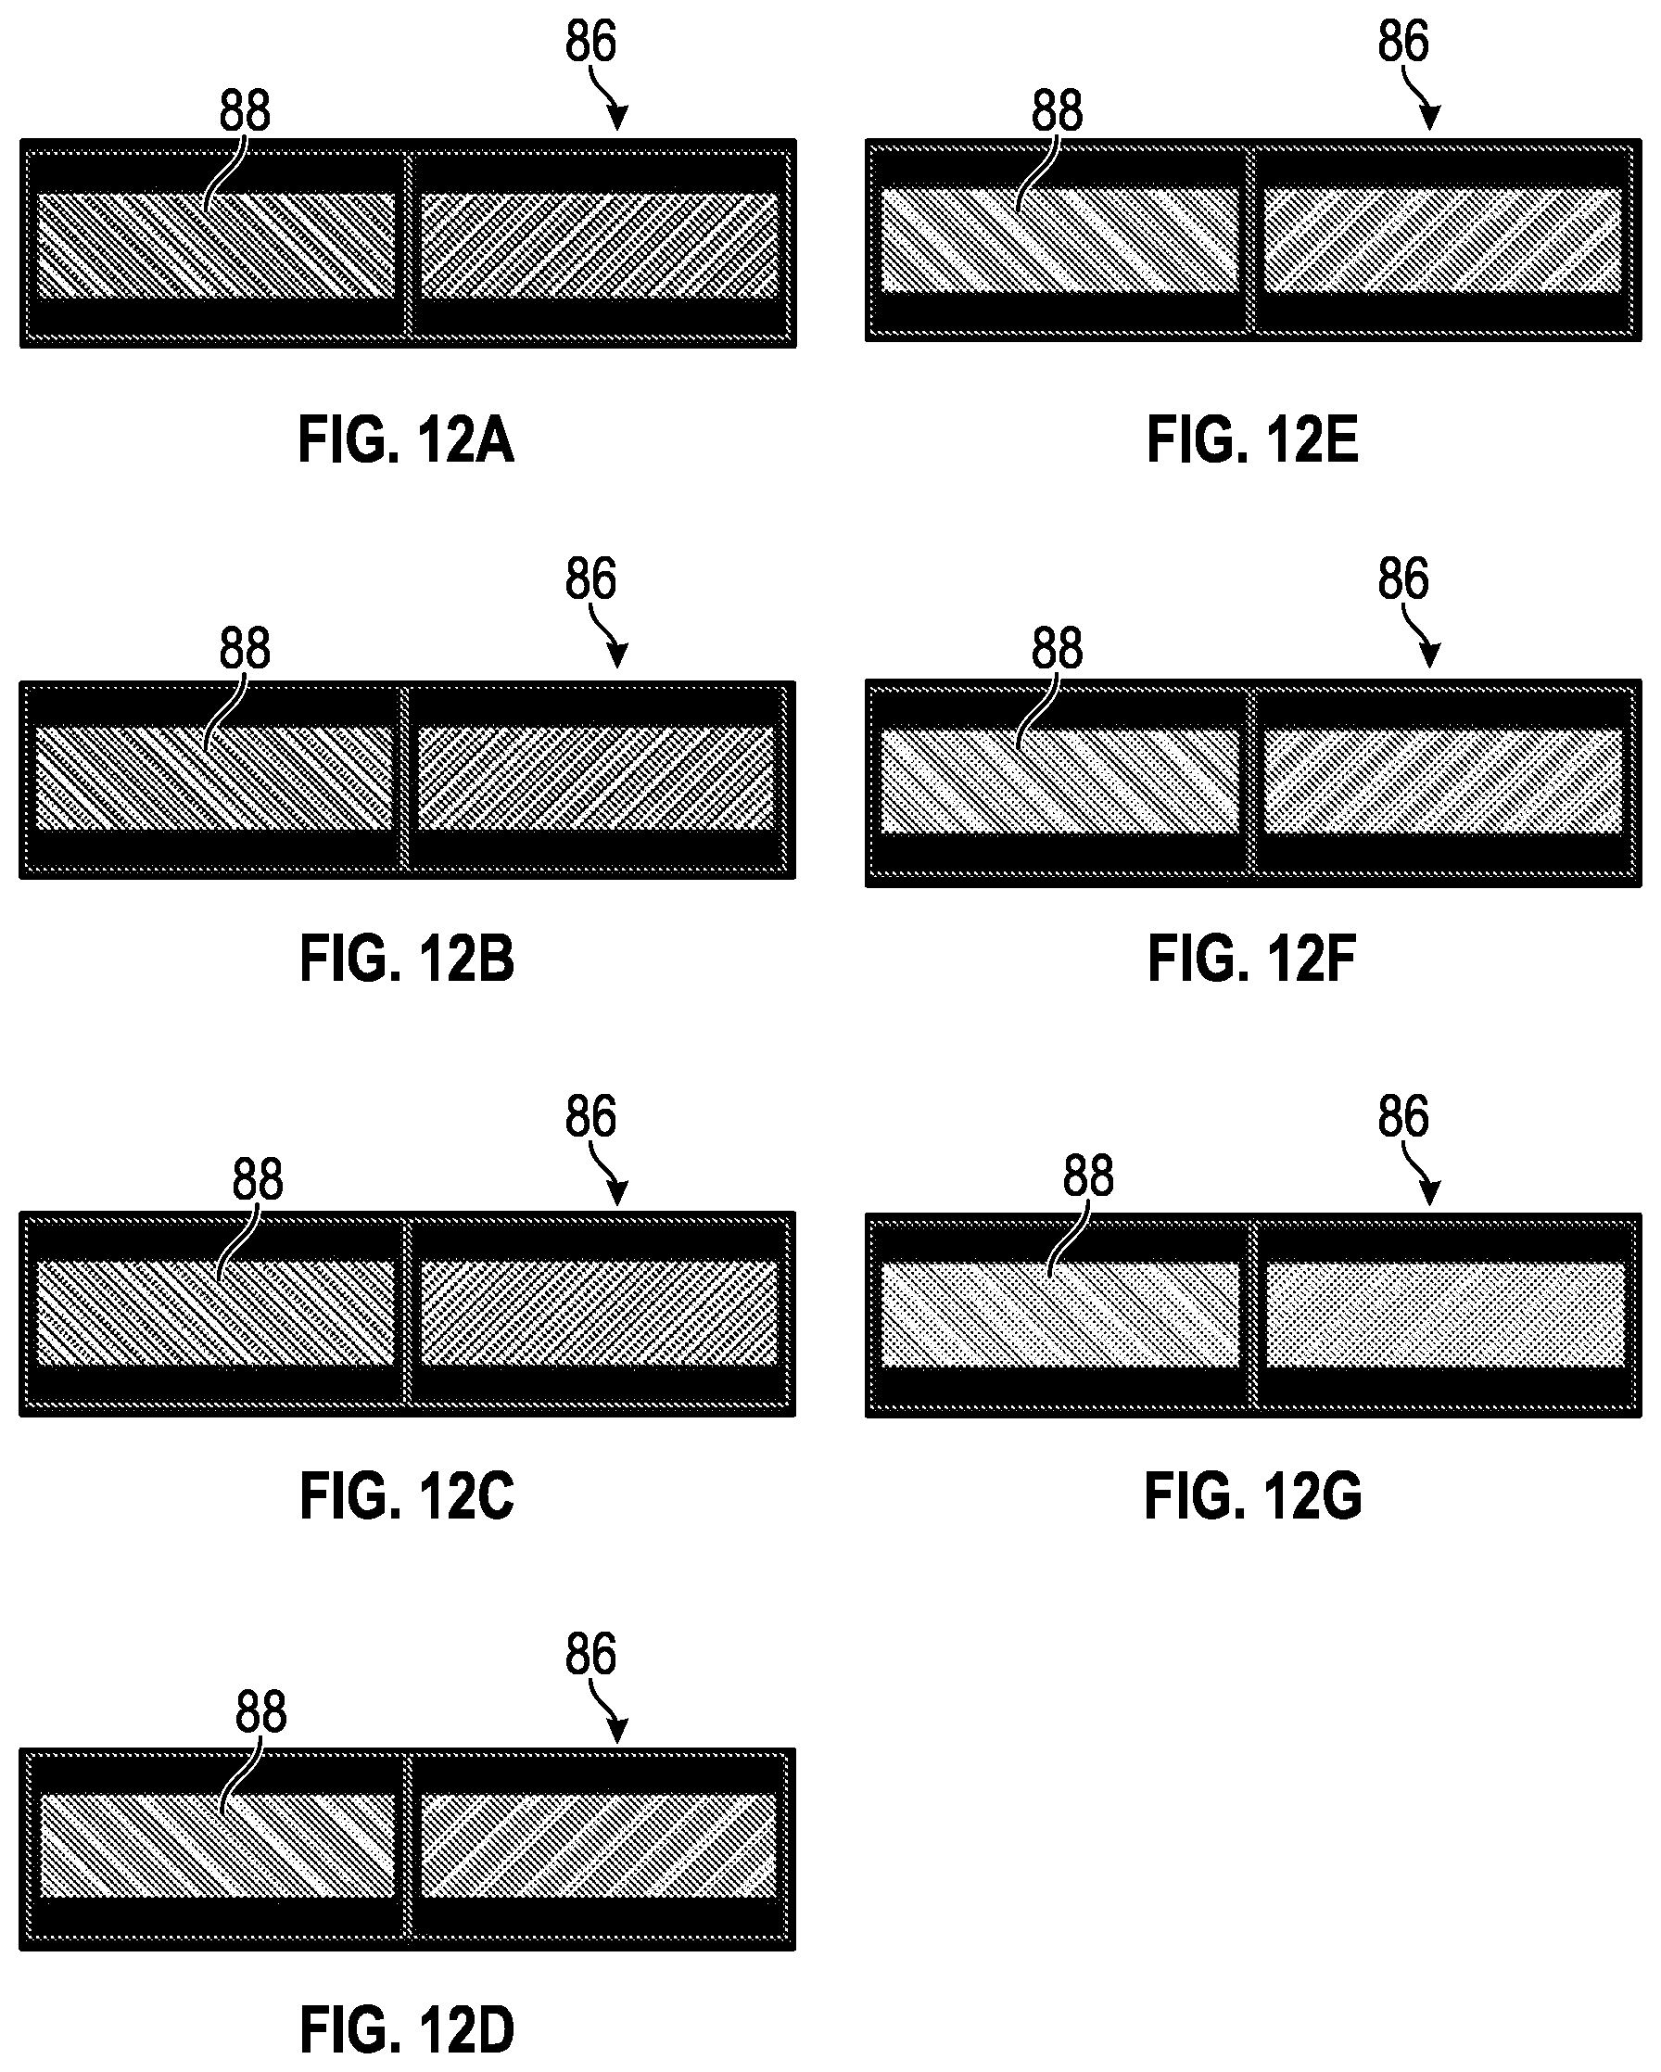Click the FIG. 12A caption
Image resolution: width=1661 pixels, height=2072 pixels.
click(x=406, y=440)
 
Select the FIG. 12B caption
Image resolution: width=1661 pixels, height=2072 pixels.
click(x=407, y=959)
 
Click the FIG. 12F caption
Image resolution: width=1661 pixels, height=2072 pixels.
click(x=1251, y=959)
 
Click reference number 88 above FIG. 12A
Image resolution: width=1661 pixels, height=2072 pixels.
click(x=245, y=110)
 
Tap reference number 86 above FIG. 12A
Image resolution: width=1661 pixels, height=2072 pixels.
click(x=590, y=42)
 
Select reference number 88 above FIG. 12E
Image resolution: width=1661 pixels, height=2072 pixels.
click(x=1058, y=110)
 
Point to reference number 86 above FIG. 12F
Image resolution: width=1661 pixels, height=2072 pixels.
click(x=1403, y=578)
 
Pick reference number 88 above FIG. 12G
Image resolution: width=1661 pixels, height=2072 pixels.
click(x=1088, y=1176)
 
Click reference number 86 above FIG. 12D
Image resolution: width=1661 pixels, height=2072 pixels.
click(x=590, y=1654)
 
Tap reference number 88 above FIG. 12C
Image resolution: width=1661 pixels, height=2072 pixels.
click(x=258, y=1179)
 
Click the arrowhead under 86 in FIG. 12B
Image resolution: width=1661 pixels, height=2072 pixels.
click(x=618, y=655)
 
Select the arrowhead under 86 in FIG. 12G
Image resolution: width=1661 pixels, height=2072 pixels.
click(x=1431, y=1192)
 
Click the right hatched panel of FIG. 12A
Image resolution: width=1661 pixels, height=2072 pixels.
click(x=600, y=245)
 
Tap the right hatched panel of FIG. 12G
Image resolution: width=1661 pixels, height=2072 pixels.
click(x=1445, y=1315)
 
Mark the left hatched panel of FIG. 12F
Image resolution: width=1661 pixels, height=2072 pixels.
click(x=1059, y=782)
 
